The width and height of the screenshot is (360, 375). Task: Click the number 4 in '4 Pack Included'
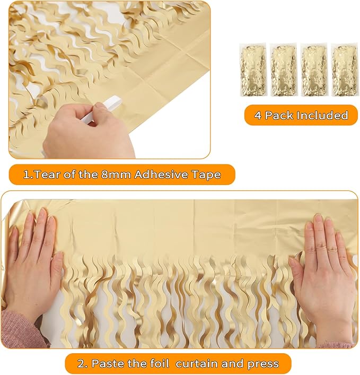click(258, 115)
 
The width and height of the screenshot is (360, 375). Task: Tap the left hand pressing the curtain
click(34, 265)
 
